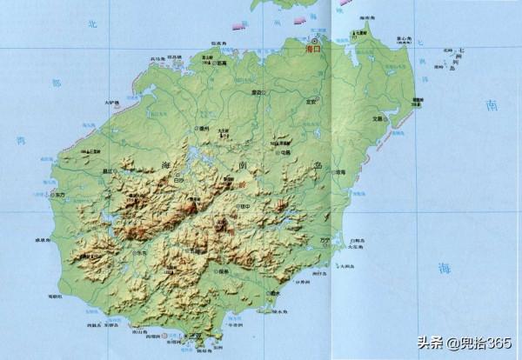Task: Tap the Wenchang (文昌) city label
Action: click(x=378, y=118)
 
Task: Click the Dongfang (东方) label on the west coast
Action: click(x=58, y=195)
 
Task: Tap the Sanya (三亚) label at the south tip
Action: click(x=197, y=335)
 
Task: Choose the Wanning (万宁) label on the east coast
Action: click(x=325, y=239)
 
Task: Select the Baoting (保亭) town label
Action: click(x=224, y=271)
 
